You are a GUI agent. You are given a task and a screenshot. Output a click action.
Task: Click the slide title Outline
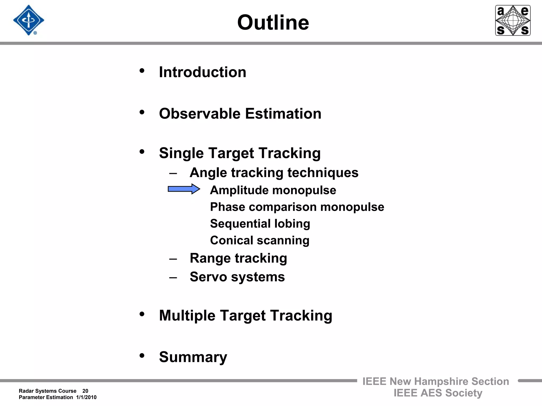tap(273, 22)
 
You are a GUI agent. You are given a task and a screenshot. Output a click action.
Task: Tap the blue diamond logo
tap(29, 20)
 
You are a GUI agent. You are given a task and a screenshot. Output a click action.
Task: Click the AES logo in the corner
tap(513, 20)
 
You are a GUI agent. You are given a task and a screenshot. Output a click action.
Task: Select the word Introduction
tap(202, 72)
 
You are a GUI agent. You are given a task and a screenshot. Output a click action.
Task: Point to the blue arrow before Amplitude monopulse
tap(184, 189)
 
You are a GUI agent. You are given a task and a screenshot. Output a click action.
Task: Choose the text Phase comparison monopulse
tap(297, 207)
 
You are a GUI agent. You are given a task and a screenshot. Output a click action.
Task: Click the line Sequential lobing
tap(260, 224)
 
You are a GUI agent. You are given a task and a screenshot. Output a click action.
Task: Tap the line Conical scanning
tap(260, 241)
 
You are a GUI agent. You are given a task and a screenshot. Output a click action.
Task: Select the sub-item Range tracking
tap(238, 258)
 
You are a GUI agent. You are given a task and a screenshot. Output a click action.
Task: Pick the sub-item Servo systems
tap(237, 277)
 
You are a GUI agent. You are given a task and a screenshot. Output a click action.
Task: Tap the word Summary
tap(193, 357)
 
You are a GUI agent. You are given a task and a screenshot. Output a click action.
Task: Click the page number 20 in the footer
tap(85, 391)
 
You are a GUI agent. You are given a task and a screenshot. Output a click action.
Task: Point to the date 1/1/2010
tap(86, 397)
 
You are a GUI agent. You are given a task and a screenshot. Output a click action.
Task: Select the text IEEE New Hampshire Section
tap(436, 381)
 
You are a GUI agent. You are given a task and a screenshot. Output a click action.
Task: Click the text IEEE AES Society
tap(438, 393)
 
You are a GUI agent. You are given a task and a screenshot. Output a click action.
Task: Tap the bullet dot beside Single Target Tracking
tap(142, 151)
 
